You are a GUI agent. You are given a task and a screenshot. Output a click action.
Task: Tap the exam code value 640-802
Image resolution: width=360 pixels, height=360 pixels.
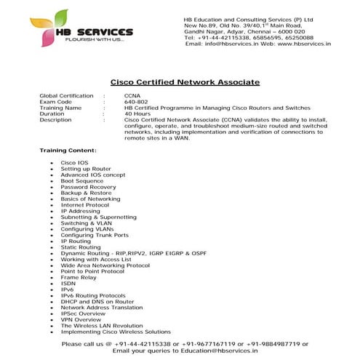coord(136,102)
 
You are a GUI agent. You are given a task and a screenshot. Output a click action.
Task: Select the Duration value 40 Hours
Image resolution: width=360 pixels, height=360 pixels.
coord(137,114)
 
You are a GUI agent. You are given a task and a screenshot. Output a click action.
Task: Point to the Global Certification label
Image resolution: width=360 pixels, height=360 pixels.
coord(66,96)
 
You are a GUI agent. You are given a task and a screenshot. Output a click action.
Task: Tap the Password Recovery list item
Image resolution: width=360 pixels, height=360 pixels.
coord(88,186)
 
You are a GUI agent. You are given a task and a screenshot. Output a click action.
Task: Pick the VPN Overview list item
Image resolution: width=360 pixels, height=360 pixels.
coord(81,319)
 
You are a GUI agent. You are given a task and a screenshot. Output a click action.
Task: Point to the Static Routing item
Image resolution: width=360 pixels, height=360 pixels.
coord(81,247)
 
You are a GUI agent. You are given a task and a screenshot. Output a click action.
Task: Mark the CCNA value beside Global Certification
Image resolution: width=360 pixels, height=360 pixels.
coord(132,96)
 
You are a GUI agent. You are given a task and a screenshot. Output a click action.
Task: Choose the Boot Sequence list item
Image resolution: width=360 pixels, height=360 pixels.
coord(82,180)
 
